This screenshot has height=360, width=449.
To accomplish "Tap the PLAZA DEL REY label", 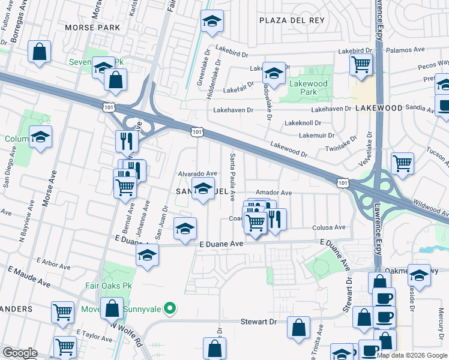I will click(x=292, y=20).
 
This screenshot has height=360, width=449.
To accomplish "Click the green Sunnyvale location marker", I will click(x=170, y=309).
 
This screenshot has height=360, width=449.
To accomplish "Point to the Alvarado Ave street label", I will click(x=197, y=173).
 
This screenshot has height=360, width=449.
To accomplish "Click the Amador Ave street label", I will click(x=273, y=193).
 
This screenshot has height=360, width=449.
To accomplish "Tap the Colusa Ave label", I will click(x=329, y=227).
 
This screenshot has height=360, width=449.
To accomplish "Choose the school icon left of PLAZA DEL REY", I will click(x=211, y=22).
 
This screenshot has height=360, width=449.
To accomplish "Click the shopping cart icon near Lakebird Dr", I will click(x=361, y=64).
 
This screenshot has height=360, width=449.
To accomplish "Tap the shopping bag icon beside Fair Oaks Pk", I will click(x=112, y=309).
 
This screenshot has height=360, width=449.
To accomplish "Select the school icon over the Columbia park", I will click(x=41, y=137).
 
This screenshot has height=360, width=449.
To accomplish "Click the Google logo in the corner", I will click(x=20, y=353).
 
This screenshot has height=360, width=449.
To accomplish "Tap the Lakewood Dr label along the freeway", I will click(x=289, y=149).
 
